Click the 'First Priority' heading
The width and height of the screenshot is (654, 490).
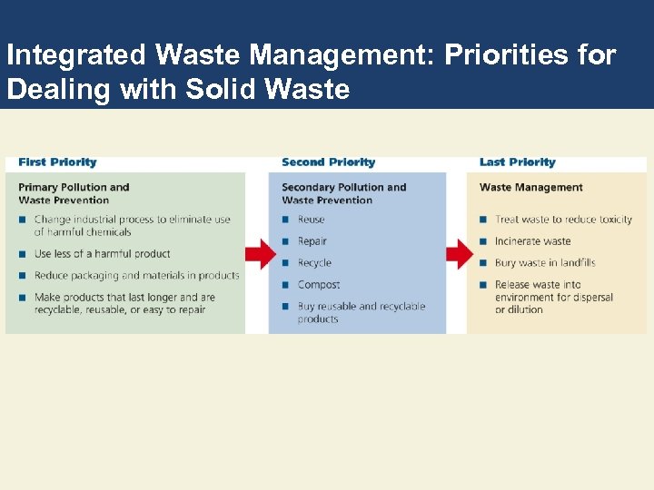57,162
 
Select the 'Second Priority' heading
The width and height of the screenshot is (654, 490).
328,162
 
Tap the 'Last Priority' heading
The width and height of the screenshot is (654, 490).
517,162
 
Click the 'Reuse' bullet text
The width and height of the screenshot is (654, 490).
311,220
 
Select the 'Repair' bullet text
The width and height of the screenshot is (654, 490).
312,241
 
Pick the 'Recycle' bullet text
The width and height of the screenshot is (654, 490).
314,263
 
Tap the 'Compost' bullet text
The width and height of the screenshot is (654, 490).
319,285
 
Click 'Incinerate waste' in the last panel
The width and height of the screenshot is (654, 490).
532,241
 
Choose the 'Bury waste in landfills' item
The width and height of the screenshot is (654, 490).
545,263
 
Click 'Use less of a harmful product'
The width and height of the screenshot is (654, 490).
102,254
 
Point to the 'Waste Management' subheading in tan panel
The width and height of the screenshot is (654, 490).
531,188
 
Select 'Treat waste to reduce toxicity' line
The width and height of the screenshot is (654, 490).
563,220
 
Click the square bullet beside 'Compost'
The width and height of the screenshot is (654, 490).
286,285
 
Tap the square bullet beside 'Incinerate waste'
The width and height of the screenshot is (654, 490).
484,241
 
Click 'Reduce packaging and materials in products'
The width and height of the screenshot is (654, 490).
136,276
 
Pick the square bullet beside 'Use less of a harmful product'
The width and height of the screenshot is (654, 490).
22,254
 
